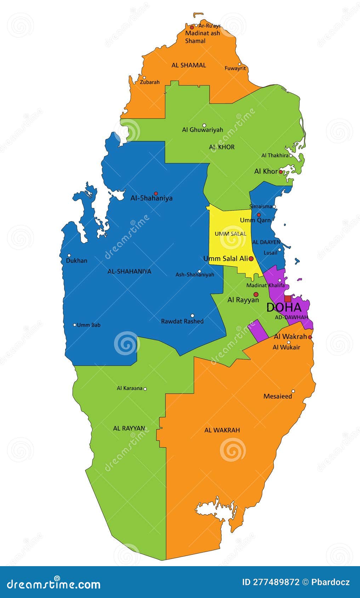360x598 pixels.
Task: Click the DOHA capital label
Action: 284,307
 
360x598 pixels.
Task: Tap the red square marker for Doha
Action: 287,299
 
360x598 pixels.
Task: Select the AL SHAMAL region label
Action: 189,65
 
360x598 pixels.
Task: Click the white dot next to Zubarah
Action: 144,78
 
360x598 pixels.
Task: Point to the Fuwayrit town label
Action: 235,68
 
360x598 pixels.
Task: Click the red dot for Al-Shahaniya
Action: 156,194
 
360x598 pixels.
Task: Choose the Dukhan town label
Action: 76,260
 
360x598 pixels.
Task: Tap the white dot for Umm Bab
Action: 75,325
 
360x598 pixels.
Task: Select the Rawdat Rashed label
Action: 182,321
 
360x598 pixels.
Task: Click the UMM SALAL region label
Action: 230,234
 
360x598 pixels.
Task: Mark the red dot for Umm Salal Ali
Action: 251,259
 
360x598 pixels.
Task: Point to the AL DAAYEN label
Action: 266,242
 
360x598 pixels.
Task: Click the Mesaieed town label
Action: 278,396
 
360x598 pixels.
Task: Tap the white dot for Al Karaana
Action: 145,389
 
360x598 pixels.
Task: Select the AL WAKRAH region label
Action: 222,430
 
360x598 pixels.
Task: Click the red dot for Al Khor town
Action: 281,172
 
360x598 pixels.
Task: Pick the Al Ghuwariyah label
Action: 202,130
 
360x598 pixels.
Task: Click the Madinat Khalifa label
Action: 265,285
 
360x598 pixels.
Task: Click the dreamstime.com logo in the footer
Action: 54,584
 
